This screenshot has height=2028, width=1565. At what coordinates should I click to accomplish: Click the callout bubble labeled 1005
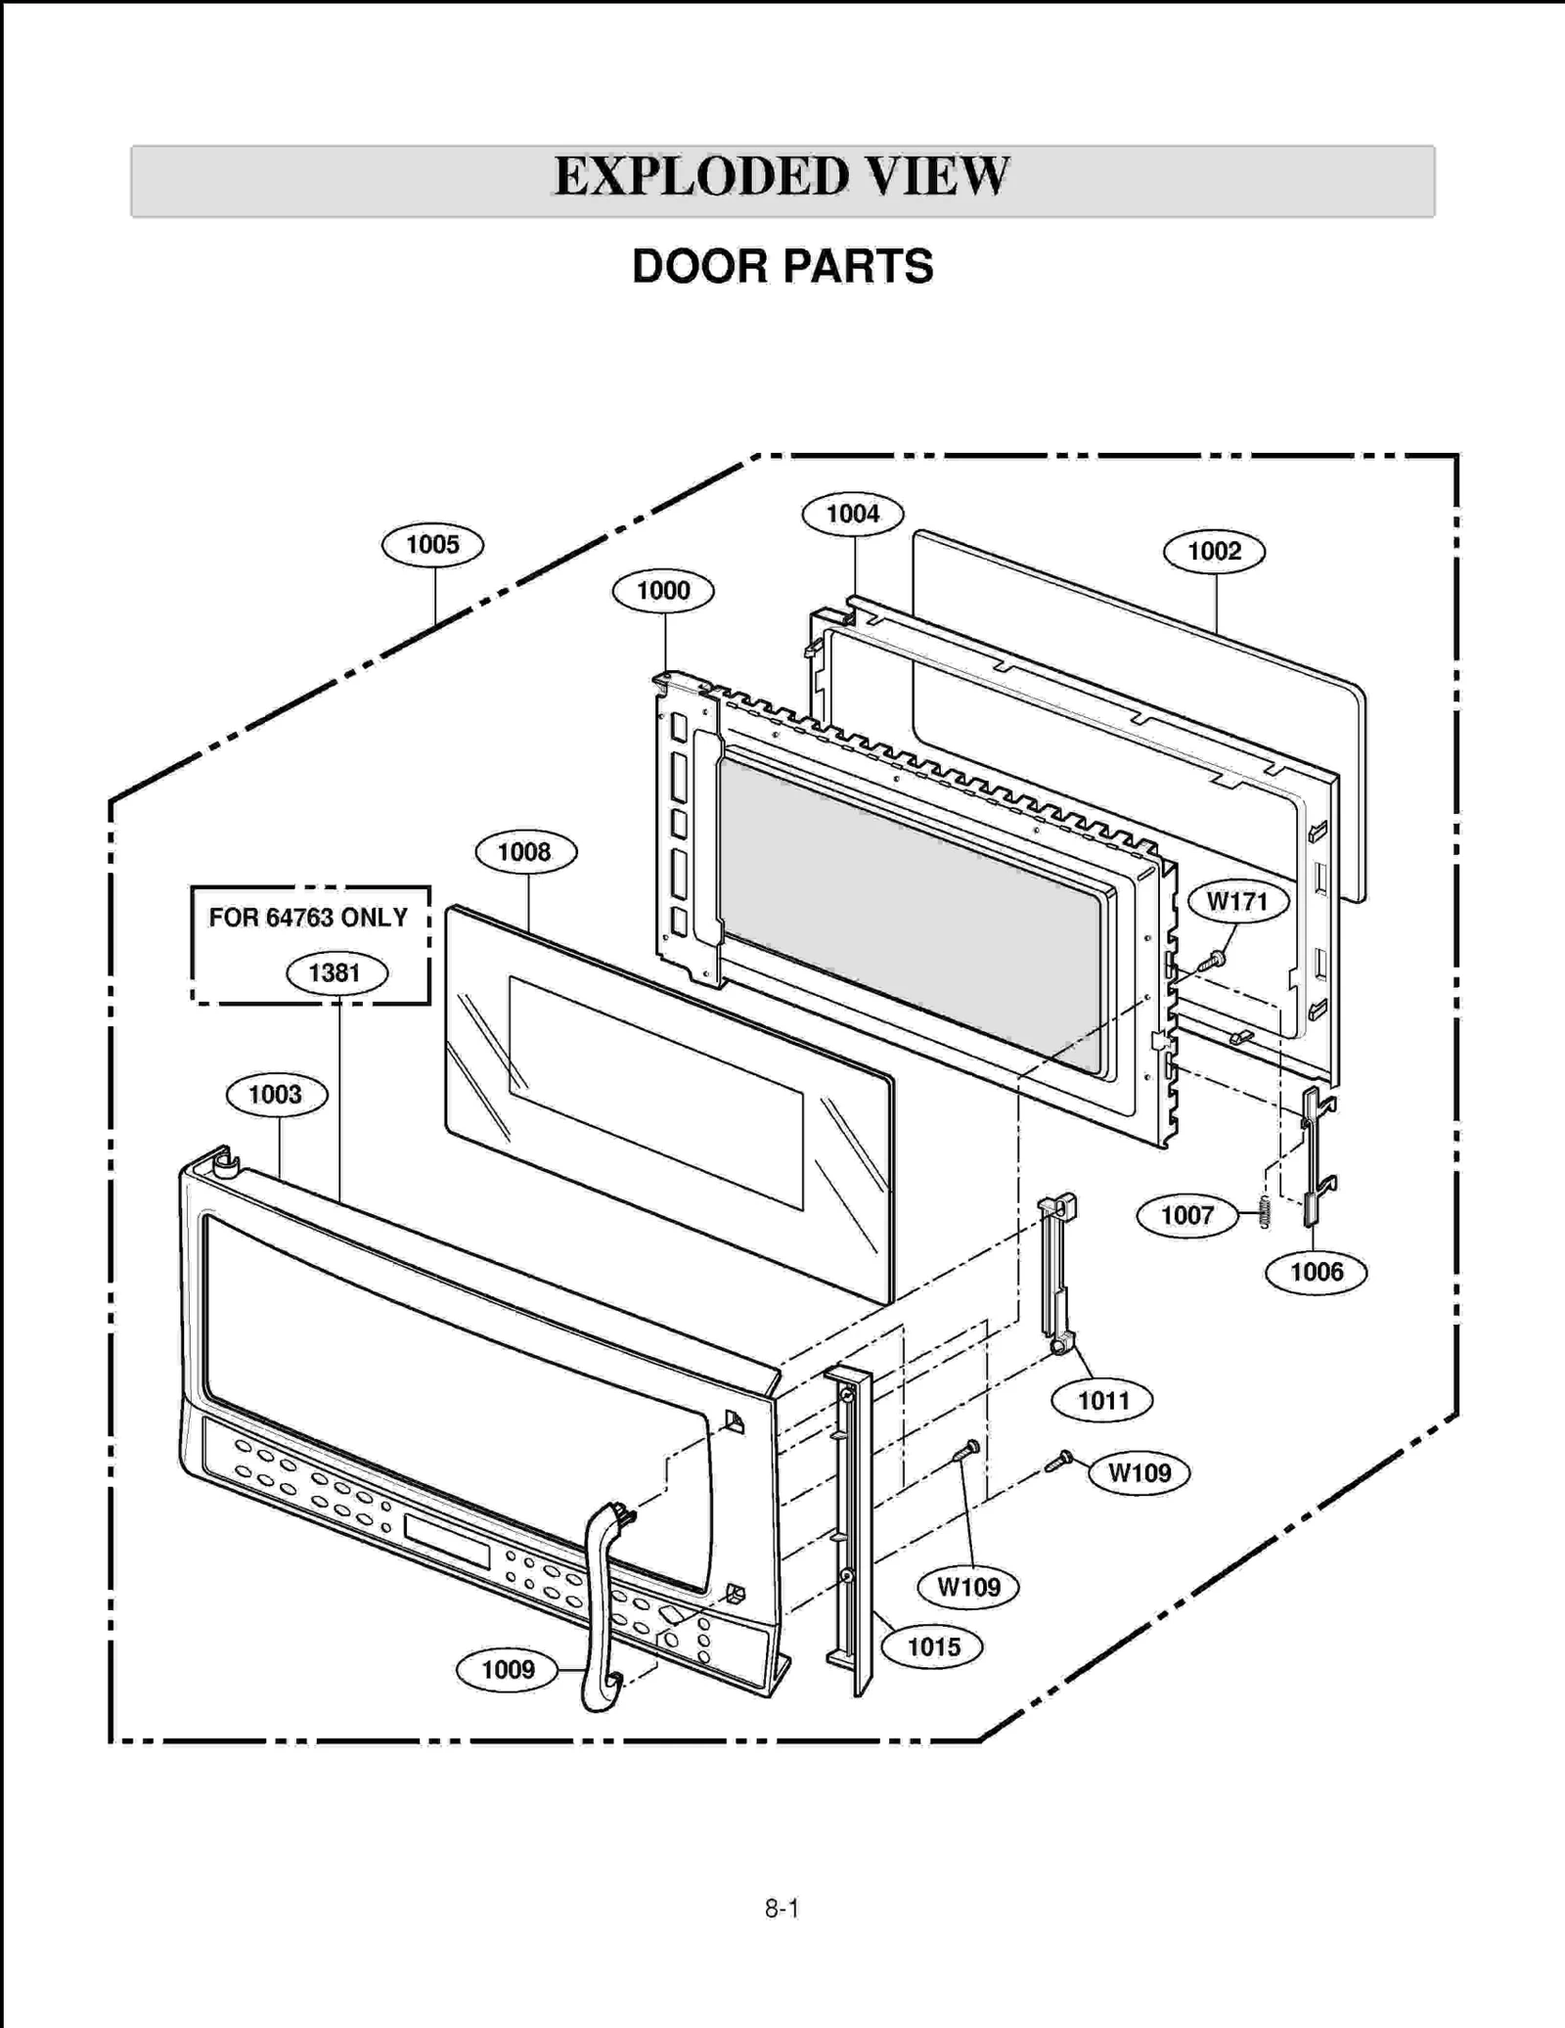click(432, 545)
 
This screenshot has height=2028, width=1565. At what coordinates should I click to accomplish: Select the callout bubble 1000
click(663, 591)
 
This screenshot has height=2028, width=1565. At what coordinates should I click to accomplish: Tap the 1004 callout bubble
click(852, 515)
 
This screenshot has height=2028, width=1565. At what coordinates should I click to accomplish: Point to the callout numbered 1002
click(1214, 552)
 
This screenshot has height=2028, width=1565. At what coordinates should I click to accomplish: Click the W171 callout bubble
click(1237, 901)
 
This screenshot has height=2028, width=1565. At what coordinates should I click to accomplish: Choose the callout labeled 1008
click(525, 852)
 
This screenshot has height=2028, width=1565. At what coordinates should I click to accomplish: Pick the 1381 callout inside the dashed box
click(335, 973)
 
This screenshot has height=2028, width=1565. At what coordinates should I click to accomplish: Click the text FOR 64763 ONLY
click(308, 918)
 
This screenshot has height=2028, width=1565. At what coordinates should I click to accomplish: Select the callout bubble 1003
click(276, 1095)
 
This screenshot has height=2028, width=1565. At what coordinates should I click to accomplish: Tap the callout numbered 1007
click(1186, 1216)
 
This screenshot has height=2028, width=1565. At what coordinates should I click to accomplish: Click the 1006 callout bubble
click(1316, 1273)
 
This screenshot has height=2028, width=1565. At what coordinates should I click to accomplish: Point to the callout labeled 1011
click(1102, 1401)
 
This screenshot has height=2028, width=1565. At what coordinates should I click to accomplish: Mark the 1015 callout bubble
click(933, 1647)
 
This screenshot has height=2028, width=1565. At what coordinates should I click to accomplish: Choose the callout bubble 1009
click(508, 1670)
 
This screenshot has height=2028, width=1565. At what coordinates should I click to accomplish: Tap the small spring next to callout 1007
click(1265, 1213)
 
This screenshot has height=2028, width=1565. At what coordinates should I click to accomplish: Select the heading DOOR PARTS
click(782, 267)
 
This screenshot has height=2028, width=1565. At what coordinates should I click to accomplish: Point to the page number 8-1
click(782, 1909)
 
